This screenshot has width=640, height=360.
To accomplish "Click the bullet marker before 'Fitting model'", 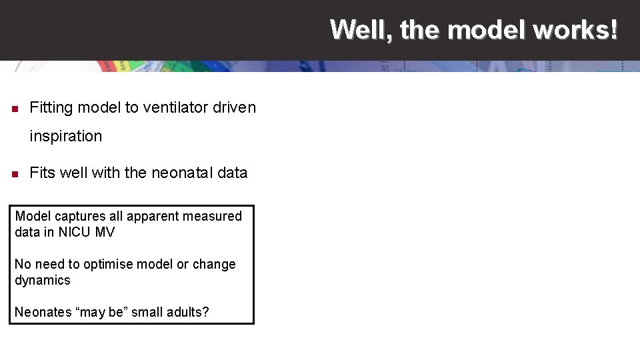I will [x=15, y=108].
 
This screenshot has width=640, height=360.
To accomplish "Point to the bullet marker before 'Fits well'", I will [x=15, y=174].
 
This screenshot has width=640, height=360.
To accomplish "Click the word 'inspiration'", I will [x=66, y=137].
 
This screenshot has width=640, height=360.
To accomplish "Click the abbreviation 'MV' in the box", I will [x=105, y=232].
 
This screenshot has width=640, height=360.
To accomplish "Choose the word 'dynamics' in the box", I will [x=43, y=280].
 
